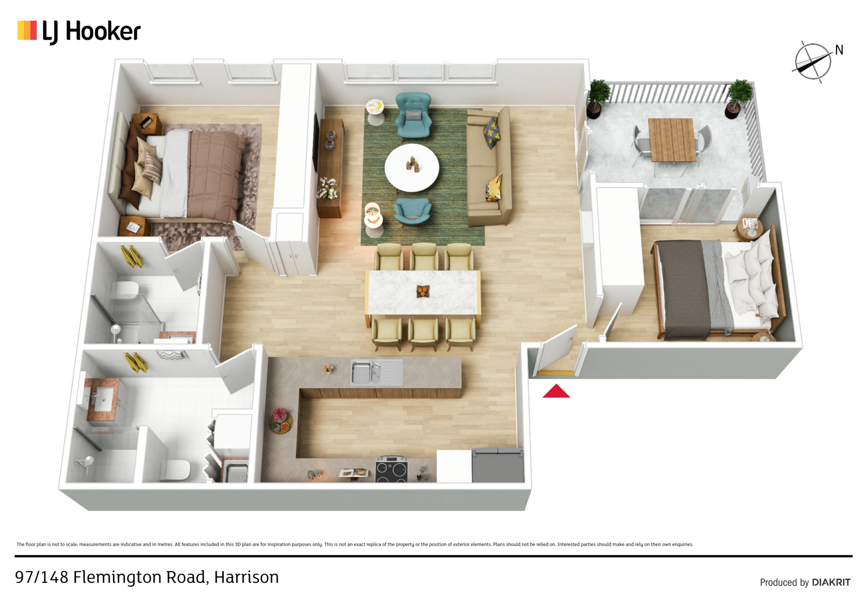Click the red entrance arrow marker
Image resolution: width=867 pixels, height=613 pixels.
pyautogui.click(x=556, y=391)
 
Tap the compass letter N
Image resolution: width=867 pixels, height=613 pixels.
pyautogui.click(x=839, y=50)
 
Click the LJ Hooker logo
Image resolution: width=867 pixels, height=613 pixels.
pyautogui.click(x=79, y=32)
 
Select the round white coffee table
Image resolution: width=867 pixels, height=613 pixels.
pyautogui.click(x=411, y=168)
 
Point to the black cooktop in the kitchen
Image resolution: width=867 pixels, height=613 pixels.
pyautogui.click(x=392, y=469)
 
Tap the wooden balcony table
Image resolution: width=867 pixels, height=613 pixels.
pyautogui.click(x=671, y=140)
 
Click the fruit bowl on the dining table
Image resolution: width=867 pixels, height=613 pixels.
pyautogui.click(x=422, y=291)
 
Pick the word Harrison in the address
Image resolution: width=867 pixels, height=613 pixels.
pyautogui.click(x=246, y=577)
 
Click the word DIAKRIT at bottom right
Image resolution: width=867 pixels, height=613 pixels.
pyautogui.click(x=831, y=582)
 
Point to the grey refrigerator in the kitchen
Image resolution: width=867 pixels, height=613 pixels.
pyautogui.click(x=498, y=465)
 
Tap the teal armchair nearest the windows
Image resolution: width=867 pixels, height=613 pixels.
pyautogui.click(x=413, y=117)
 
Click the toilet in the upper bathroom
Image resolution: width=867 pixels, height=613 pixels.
pyautogui.click(x=125, y=290)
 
